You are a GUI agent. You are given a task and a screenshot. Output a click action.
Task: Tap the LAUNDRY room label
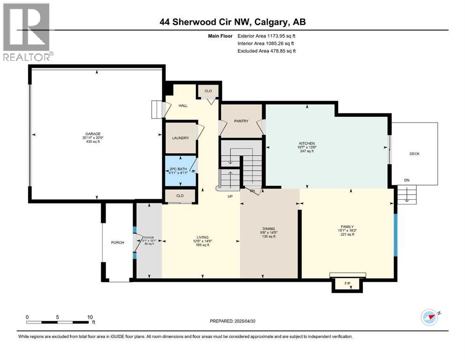click(x=180, y=138)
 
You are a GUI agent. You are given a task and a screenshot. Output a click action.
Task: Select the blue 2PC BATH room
click(x=180, y=170)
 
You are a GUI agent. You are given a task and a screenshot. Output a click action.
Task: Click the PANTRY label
click(x=241, y=121)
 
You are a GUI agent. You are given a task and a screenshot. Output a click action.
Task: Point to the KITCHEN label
click(x=307, y=143)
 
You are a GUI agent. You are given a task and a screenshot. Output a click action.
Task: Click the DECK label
click(x=414, y=153)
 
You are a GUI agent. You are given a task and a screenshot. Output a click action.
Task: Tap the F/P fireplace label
click(x=347, y=284)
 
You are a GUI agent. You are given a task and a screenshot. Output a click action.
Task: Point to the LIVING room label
click(x=202, y=237)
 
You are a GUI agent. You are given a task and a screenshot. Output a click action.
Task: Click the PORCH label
click(x=117, y=242)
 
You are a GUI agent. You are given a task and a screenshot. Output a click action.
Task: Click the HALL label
click(x=183, y=105)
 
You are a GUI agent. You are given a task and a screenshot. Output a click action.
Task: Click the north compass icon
click(x=429, y=317)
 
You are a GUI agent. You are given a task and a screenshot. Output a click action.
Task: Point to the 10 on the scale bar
click(x=89, y=317)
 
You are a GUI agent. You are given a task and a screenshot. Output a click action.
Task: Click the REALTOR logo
click(x=27, y=32)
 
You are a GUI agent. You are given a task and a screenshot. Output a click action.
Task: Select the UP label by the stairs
click(x=230, y=196)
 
